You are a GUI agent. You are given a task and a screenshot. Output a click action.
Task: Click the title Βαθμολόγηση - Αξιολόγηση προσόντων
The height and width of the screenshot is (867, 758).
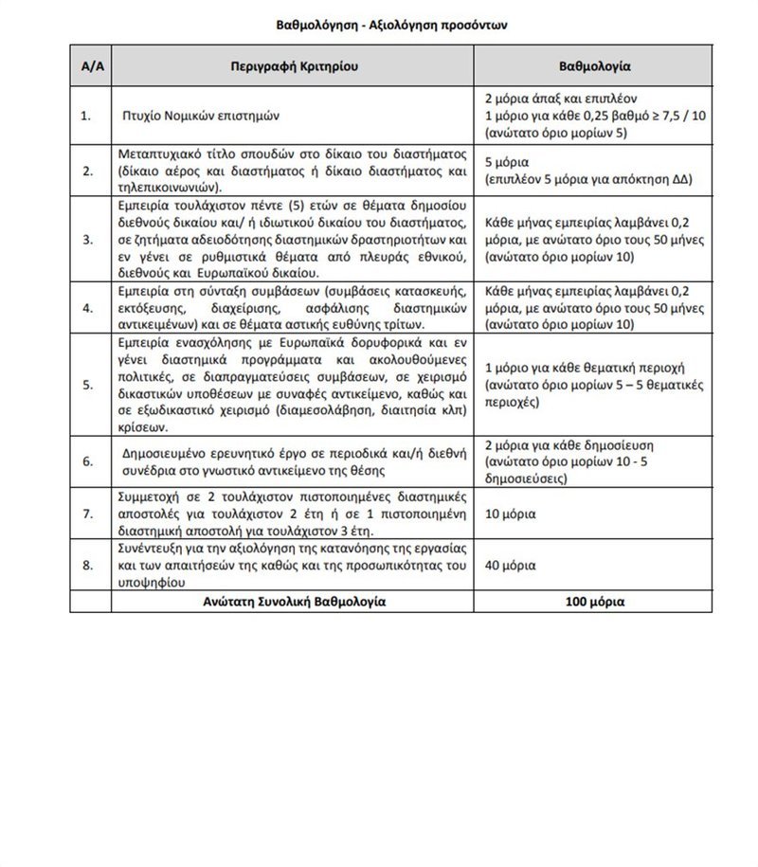[379, 27]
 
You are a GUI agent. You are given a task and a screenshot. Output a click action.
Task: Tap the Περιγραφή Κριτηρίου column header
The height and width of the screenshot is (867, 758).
[296, 68]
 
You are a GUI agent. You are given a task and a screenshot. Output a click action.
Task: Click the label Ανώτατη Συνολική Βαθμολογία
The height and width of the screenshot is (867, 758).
[296, 602]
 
